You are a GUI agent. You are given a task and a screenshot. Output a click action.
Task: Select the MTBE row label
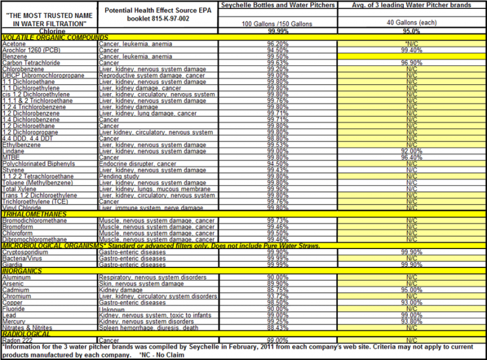tap(11, 157)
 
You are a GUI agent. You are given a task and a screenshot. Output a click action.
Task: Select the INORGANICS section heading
tap(23, 271)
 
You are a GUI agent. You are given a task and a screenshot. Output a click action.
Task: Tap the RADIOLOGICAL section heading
tap(27, 334)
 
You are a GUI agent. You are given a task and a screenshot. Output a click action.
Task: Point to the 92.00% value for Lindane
tap(412, 151)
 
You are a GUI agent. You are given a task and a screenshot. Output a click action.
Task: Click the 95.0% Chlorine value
tap(412, 30)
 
